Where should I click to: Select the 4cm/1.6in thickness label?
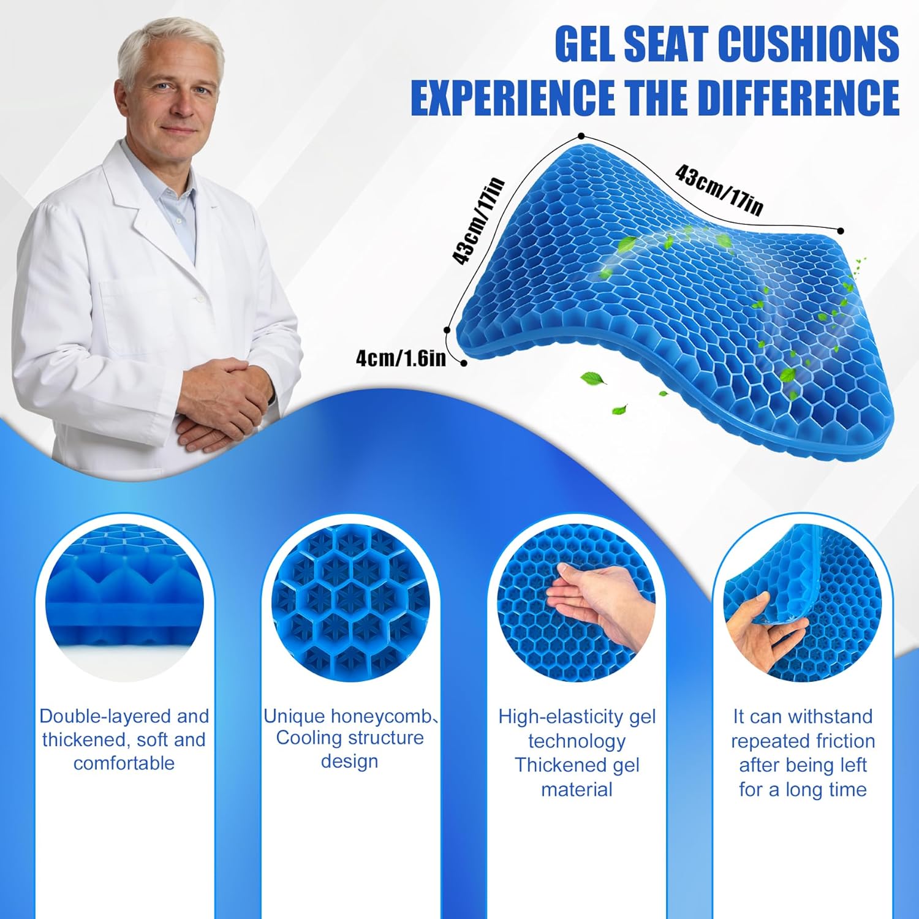pos(401,358)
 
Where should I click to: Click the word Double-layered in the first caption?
pos(100,716)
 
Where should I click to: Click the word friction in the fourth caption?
pos(840,741)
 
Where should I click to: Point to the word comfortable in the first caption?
pos(124,763)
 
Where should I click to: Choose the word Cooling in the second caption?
pos(309,738)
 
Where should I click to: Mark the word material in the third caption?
pos(577,789)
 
